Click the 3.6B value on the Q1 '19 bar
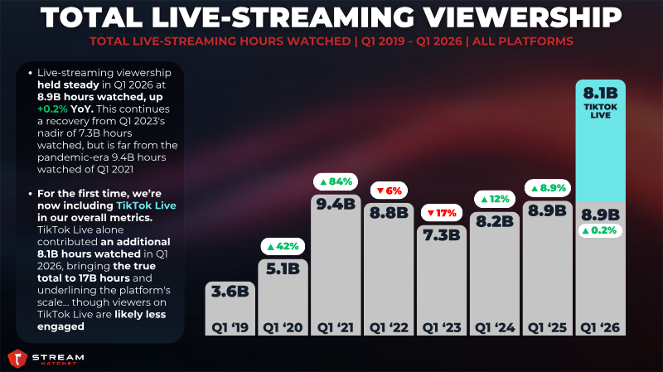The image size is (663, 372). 230,292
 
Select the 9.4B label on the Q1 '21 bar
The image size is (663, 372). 336,204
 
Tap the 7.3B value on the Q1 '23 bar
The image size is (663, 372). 442,235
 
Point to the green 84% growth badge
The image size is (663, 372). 336,181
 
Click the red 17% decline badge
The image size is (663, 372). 442,213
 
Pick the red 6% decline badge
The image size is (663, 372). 389,191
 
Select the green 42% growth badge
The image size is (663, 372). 283,246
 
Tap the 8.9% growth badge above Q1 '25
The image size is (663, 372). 548,188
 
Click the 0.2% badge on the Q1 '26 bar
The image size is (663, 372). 600,230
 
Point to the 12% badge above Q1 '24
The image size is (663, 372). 495,199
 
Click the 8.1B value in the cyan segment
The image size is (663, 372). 600,93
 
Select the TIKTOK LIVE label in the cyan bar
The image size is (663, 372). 600,111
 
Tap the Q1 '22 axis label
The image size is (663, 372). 389,327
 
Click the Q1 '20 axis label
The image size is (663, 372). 283,327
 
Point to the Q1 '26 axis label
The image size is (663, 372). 600,327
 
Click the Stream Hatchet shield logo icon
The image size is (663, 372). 17,359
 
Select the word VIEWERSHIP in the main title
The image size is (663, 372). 522,17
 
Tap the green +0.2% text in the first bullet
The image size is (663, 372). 52,109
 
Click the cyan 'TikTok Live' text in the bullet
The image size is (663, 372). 147,205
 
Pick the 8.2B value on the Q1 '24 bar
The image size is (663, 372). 495,221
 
